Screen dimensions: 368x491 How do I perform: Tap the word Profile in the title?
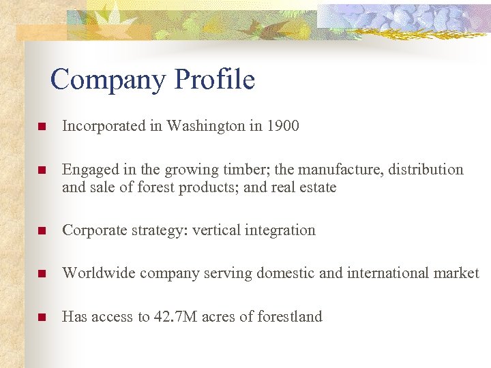click(214, 80)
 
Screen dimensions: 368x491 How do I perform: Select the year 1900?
click(283, 126)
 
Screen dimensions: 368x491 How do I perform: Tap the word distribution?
click(426, 170)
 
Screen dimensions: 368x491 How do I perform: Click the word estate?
click(316, 187)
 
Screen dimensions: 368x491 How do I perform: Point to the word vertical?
click(215, 230)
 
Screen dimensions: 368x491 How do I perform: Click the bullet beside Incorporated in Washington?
click(42, 127)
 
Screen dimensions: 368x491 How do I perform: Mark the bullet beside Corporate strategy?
click(42, 231)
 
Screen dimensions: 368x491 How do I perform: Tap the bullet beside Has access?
click(42, 317)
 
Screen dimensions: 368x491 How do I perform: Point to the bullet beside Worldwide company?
click(42, 274)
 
